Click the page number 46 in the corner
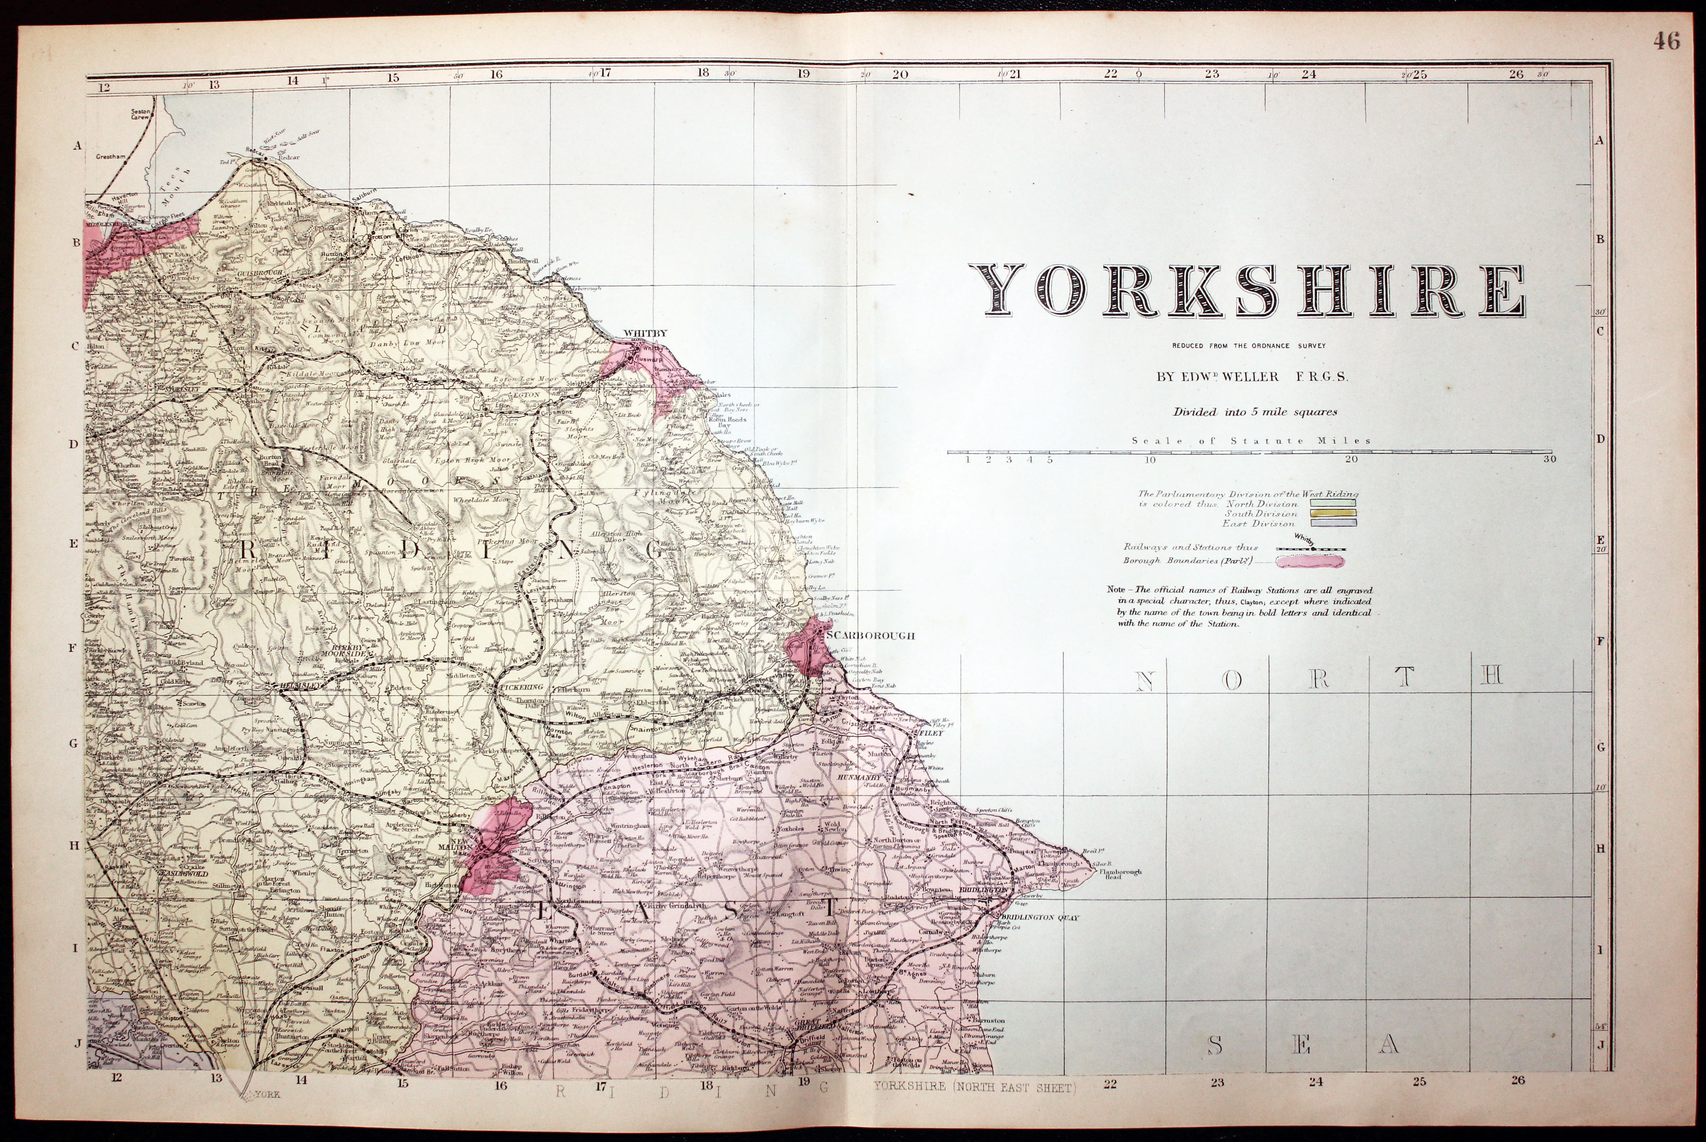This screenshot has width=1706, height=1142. tap(1666, 41)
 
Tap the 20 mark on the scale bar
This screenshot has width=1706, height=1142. tap(1351, 460)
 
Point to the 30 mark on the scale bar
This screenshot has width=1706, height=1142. tap(1549, 460)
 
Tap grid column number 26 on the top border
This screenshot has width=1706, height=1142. tap(1516, 74)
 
